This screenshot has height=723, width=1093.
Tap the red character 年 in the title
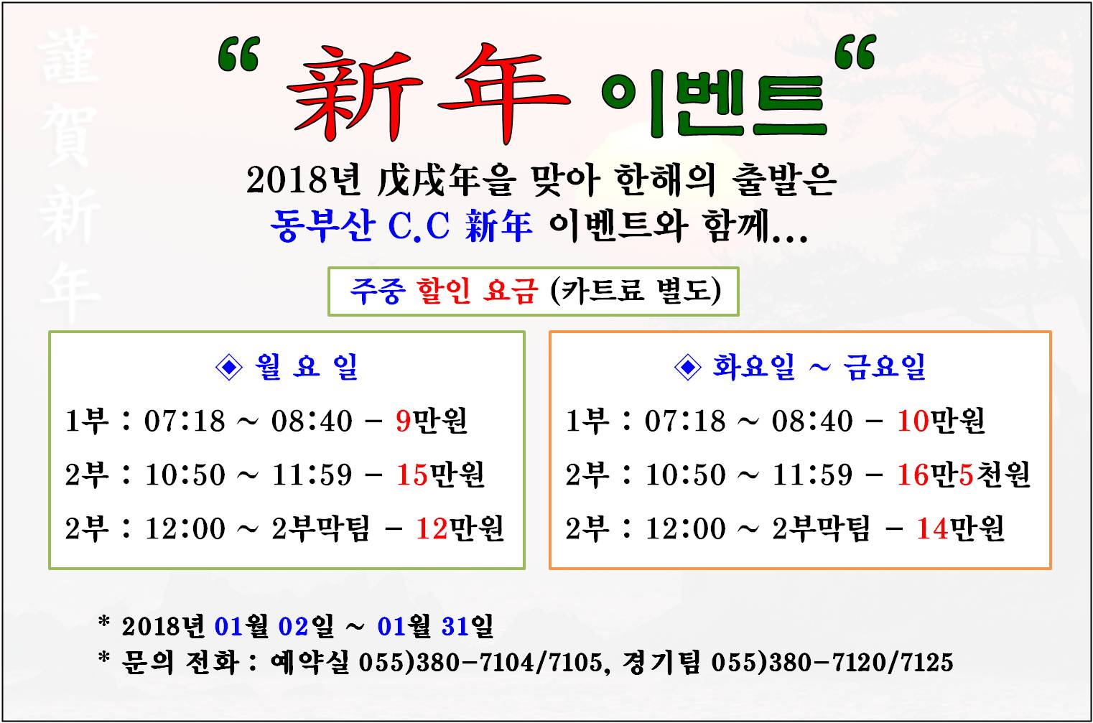pos(503,93)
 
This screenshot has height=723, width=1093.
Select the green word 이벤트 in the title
pos(714,103)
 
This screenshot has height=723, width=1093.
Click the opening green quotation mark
pos(239,54)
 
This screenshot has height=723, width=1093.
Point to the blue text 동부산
pos(322,226)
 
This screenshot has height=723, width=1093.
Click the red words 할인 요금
pos(477,291)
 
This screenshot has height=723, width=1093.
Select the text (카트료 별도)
pos(636,291)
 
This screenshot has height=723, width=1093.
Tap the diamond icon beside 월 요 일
pos(229,368)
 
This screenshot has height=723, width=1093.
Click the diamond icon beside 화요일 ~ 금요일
pos(688,368)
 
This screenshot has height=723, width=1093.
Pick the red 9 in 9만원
pos(403,421)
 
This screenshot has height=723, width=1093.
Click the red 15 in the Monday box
pos(411,475)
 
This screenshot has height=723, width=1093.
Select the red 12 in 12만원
pos(432,528)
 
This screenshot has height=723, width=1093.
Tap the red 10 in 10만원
pos(913,421)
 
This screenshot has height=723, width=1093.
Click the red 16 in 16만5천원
pos(913,475)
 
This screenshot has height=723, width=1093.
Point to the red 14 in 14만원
pos(932,528)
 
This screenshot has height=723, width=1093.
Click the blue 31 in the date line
pos(456,627)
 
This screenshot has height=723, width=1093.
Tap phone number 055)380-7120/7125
pos(832,663)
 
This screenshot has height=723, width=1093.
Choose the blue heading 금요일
pos(884,367)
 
